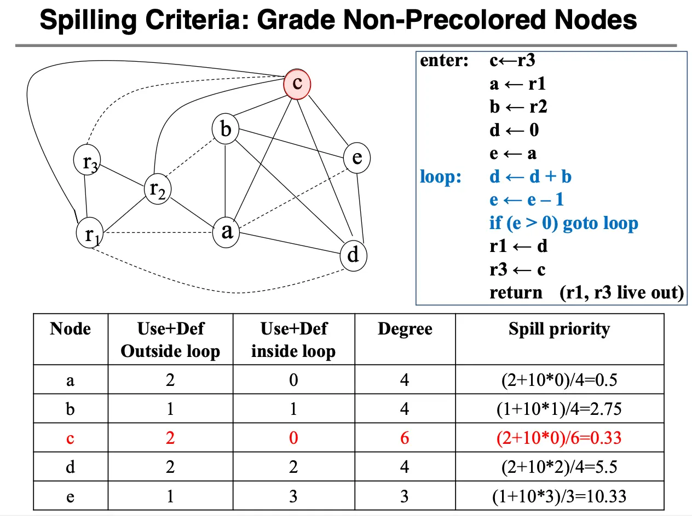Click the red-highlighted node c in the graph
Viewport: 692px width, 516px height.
[x=297, y=83]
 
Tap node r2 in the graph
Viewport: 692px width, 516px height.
[x=157, y=189]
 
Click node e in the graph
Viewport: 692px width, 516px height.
[x=357, y=157]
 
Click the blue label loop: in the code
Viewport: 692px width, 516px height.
[x=441, y=177]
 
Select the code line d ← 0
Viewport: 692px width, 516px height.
[x=514, y=130]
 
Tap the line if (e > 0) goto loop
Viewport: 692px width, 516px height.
[x=563, y=223]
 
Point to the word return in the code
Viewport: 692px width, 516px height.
[x=516, y=292]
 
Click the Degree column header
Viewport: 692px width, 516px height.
[x=405, y=329]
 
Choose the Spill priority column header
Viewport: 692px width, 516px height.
[x=559, y=329]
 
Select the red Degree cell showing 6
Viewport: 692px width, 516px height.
[x=405, y=438]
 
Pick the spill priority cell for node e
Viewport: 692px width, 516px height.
[x=559, y=496]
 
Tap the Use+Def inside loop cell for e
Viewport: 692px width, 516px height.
[x=293, y=496]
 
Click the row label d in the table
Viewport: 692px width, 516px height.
[x=70, y=467]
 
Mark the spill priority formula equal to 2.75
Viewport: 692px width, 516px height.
[x=559, y=408]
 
